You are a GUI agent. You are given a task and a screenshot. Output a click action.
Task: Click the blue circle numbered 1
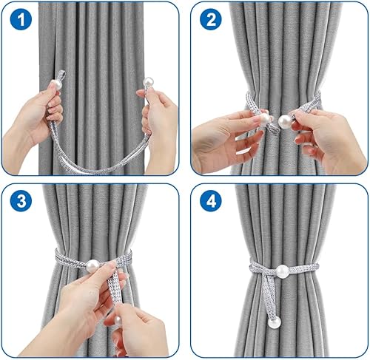tap(21, 19)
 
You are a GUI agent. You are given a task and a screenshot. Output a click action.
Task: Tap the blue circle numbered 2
tap(211, 19)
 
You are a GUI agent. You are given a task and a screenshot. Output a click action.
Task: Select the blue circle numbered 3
tap(21, 201)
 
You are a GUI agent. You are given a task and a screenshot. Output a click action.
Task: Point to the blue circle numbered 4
tap(211, 201)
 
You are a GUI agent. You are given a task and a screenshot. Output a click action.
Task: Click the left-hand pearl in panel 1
tap(56, 84)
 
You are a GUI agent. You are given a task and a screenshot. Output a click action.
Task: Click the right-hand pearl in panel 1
tap(149, 82)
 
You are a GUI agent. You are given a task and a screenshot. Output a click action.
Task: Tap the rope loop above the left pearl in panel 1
tap(61, 75)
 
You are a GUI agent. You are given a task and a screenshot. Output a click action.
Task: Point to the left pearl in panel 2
tap(264, 119)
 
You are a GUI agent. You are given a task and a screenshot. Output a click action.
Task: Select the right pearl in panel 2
tap(285, 121)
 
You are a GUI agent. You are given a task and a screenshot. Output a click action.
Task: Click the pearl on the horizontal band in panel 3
tap(92, 266)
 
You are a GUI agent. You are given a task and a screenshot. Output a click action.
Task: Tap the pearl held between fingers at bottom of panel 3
tap(118, 321)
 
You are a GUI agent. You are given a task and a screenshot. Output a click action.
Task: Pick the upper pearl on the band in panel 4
tap(282, 271)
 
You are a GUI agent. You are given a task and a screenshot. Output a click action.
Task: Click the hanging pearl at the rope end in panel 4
tap(275, 322)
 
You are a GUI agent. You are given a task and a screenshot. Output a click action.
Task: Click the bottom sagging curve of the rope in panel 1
tap(98, 169)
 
